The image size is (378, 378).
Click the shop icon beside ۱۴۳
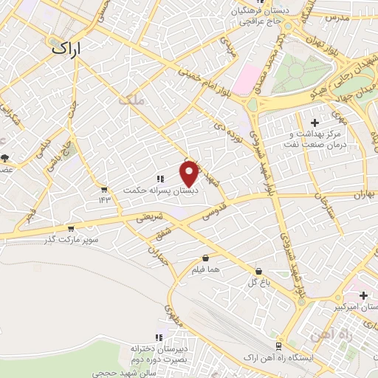[x=103, y=188]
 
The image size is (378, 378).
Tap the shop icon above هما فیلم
[x=205, y=258]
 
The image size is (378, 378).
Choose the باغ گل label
[x=258, y=283]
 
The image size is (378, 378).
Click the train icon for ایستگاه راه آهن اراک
[x=278, y=346]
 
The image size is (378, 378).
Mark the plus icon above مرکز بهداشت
[x=315, y=122]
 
